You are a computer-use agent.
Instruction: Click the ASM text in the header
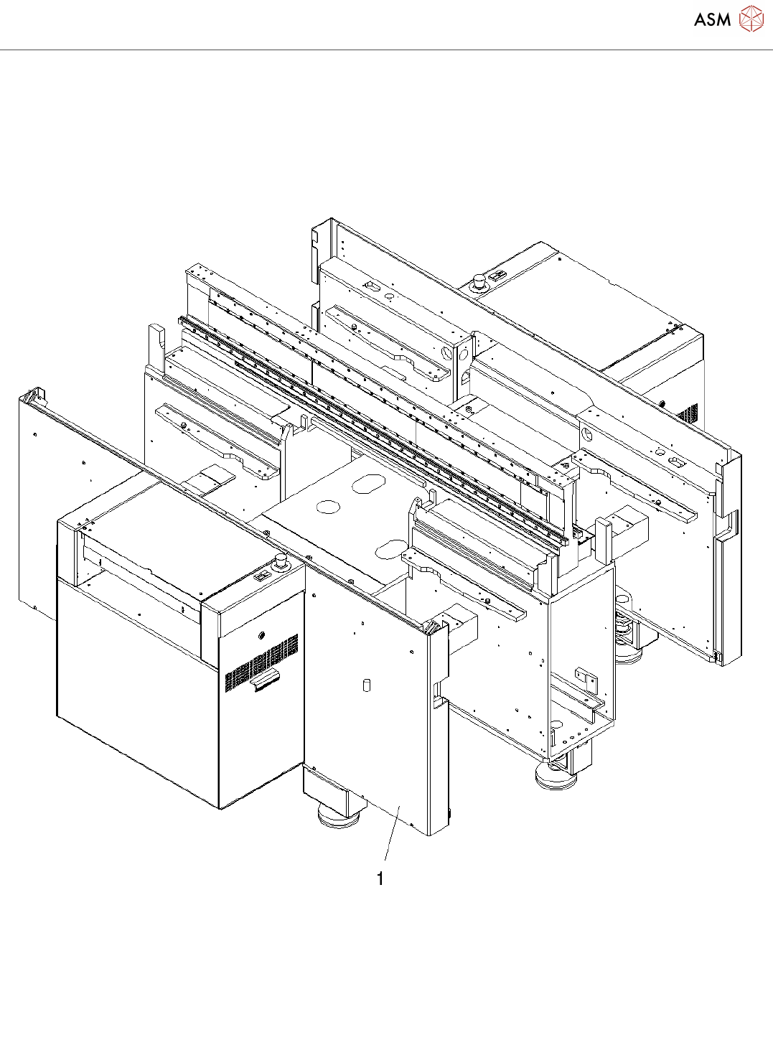tap(712, 19)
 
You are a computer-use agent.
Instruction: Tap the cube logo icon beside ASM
tap(751, 19)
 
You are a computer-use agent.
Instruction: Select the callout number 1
tap(380, 879)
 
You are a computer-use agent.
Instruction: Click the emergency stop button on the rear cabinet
tap(478, 280)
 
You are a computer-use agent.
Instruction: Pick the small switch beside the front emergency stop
tap(262, 576)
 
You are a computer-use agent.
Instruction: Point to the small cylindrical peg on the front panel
tap(366, 685)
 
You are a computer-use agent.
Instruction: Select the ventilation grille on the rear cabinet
tap(688, 414)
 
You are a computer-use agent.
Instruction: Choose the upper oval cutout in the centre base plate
tap(370, 483)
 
